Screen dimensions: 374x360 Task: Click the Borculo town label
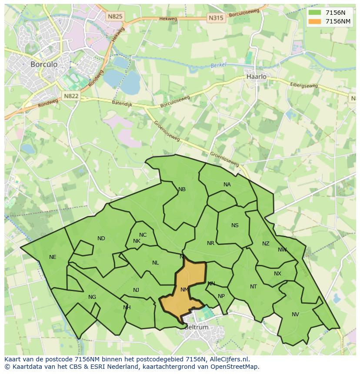click(x=44, y=64)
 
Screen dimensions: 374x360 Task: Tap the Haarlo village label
click(x=256, y=76)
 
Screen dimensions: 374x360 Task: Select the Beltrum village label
click(x=196, y=327)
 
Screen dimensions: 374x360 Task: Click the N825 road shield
click(x=115, y=17)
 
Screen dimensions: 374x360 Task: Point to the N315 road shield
click(x=216, y=18)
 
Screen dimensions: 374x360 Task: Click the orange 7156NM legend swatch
click(x=316, y=21)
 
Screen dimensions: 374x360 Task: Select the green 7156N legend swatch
click(x=316, y=13)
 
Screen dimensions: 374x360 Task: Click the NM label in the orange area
click(x=185, y=289)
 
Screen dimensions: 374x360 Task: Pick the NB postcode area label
click(x=182, y=189)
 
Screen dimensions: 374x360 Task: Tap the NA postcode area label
click(x=227, y=185)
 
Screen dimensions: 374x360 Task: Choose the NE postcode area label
click(x=53, y=257)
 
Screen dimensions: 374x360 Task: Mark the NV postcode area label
click(x=295, y=314)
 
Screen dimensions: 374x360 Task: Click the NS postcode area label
click(x=235, y=225)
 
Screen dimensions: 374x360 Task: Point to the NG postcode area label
click(x=92, y=297)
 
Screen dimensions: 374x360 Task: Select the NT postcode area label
click(x=253, y=286)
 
